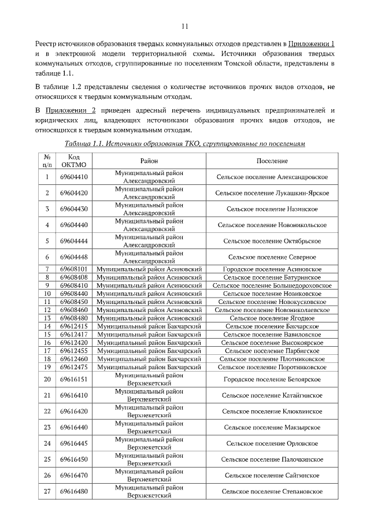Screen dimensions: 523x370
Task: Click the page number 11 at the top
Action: tap(185, 25)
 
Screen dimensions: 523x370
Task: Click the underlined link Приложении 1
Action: tap(312, 44)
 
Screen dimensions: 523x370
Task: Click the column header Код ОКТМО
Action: tap(73, 161)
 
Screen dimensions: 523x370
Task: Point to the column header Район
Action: tap(149, 161)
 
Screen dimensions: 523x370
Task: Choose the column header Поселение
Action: tap(272, 161)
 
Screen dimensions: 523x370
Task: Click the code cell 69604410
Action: tap(73, 177)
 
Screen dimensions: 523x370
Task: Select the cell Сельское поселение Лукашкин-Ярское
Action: tap(272, 192)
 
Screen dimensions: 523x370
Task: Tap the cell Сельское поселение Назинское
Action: tap(272, 209)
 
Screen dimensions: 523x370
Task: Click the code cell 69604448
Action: tap(73, 257)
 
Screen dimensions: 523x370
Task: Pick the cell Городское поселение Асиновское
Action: tap(272, 269)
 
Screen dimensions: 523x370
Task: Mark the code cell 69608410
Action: tap(73, 285)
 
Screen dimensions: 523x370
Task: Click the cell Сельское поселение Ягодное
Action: tap(272, 318)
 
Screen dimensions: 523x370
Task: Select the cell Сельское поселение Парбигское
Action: tap(272, 350)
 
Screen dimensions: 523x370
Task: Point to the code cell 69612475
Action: tap(73, 366)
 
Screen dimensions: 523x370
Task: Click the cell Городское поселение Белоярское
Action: tap(272, 379)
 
